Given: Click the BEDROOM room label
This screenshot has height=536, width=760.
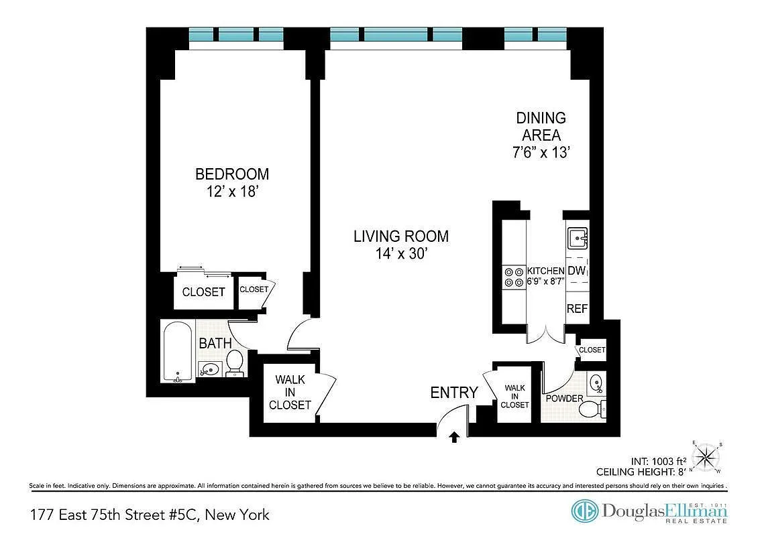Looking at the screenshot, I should point(231,174).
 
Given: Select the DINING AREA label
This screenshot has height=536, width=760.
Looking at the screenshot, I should point(541,127).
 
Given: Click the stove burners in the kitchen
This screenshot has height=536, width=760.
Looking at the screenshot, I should point(514,277).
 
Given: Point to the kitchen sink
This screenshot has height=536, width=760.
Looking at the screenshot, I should point(578,238).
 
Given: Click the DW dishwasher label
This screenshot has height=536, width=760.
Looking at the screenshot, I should point(577,271).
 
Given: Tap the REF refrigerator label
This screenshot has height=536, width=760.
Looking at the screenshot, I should point(577,309).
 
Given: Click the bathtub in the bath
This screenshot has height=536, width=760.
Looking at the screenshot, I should point(178,352).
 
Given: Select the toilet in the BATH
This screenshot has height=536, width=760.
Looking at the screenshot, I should point(235,362).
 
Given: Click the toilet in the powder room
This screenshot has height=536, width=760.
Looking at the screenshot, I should point(590,408).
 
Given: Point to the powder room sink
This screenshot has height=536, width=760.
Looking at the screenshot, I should point(596,384).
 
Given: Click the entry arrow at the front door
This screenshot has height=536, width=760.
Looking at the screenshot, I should point(454,438).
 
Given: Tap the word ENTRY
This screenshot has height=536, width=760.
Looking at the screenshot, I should point(454,393).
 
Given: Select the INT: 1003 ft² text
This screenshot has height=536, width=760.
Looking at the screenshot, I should point(658,461).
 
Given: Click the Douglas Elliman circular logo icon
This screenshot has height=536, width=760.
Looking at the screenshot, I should point(584,511).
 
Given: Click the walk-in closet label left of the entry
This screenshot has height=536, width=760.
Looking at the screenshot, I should point(290,393).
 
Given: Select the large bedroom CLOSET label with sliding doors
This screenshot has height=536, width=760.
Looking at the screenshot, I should point(203,292).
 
